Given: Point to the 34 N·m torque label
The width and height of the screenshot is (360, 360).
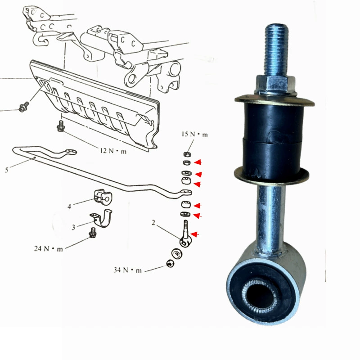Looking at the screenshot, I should pos(128,270).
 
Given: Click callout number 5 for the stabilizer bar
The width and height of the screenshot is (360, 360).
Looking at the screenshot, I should pos(7,170).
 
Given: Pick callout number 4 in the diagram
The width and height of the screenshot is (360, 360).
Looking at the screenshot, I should pos(69,207).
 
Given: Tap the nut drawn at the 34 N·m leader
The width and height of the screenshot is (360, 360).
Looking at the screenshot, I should pos(171,263).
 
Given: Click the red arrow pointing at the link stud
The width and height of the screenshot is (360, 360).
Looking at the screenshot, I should pos(194,234).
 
